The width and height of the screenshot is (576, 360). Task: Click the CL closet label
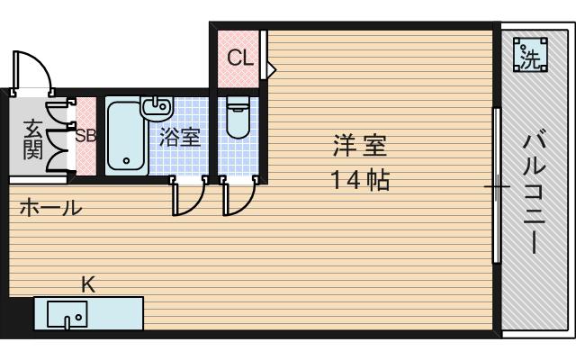tap(238, 58)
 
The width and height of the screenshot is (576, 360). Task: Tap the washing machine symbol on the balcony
tap(531, 58)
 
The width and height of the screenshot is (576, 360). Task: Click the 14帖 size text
tap(359, 180)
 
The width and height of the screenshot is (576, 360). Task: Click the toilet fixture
tap(238, 117)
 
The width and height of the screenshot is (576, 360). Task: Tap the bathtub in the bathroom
tap(124, 138)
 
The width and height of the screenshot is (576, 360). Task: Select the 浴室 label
tap(179, 138)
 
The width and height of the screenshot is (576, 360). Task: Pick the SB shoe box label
tap(85, 137)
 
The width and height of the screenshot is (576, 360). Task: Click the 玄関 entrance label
tap(32, 138)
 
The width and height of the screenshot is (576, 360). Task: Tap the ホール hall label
tap(50, 208)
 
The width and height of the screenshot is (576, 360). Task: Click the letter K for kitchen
tap(88, 285)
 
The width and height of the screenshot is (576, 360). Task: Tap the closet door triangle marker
tap(270, 67)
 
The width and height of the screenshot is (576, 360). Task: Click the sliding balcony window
tap(496, 184)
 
